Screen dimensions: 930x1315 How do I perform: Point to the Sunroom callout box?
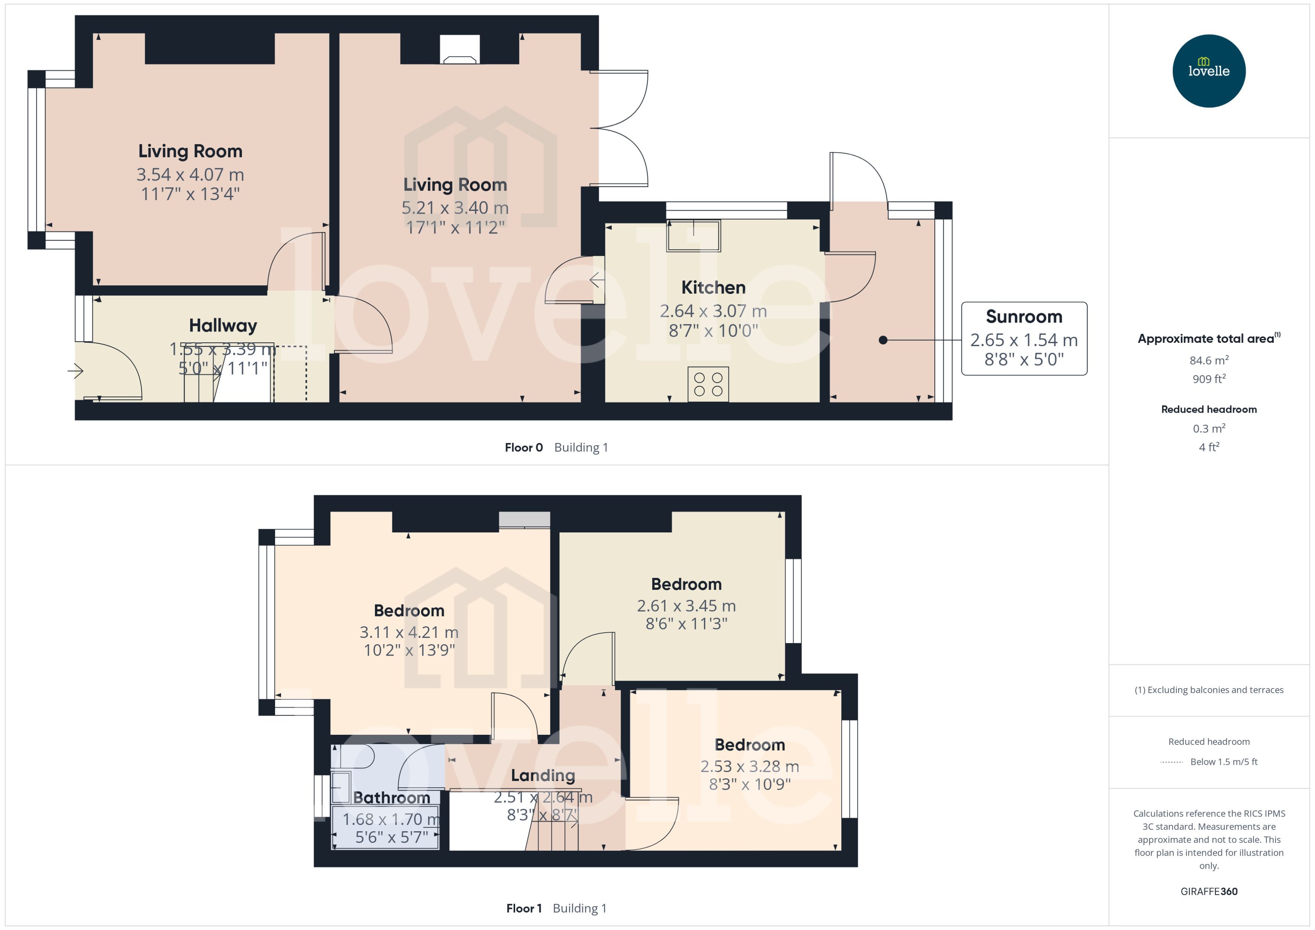1023,338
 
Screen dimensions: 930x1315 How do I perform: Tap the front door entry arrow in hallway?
76,371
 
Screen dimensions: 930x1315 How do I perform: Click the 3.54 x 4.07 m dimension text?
190,175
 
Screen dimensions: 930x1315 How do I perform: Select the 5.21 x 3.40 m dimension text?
455,208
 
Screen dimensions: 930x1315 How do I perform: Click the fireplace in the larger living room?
459,50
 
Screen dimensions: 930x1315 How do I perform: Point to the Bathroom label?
391,798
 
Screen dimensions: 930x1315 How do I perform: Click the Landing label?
543,775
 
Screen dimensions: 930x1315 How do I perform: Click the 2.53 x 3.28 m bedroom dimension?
750,766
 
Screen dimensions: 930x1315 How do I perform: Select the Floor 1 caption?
523,908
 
